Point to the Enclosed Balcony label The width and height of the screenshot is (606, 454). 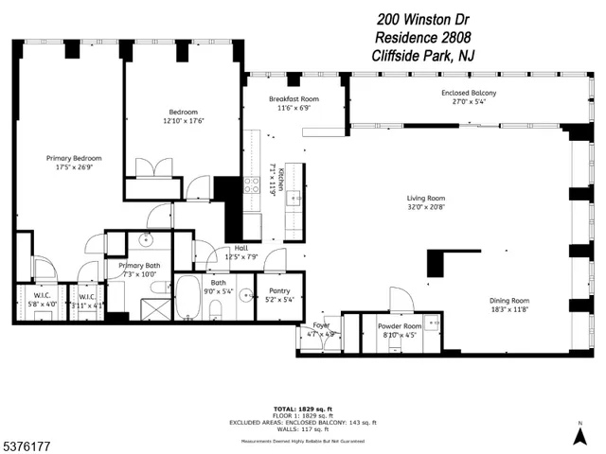click(468, 93)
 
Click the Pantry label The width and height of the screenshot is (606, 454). click(279, 292)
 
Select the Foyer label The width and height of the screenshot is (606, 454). click(321, 325)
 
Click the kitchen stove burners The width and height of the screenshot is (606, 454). click(252, 184)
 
